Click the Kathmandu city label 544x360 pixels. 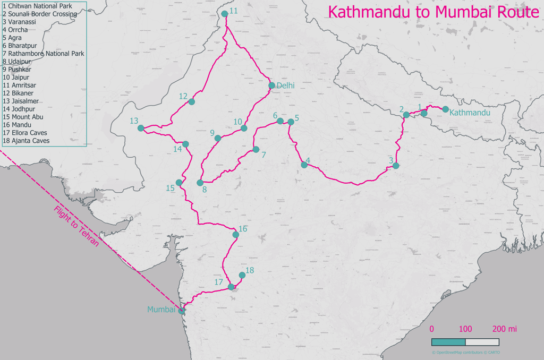pyautogui.click(x=469, y=113)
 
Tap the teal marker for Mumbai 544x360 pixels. pyautogui.click(x=182, y=311)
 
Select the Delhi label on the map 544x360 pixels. pyautogui.click(x=285, y=85)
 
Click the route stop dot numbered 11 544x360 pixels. pyautogui.click(x=225, y=14)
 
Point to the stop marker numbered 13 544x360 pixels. pyautogui.click(x=141, y=128)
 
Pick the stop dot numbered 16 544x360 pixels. pyautogui.click(x=236, y=234)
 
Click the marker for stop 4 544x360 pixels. pyautogui.click(x=304, y=165)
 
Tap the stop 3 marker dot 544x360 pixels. pyautogui.click(x=396, y=166)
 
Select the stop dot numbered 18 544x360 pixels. pyautogui.click(x=242, y=275)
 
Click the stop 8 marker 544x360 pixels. pyautogui.click(x=200, y=183)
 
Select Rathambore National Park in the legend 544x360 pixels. pyautogui.click(x=43, y=54)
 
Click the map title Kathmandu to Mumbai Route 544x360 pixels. pyautogui.click(x=433, y=12)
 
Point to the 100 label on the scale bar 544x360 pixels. pyautogui.click(x=465, y=329)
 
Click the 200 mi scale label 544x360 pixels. pyautogui.click(x=504, y=329)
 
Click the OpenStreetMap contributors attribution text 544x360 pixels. pyautogui.click(x=465, y=353)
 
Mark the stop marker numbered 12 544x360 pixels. pyautogui.click(x=191, y=101)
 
